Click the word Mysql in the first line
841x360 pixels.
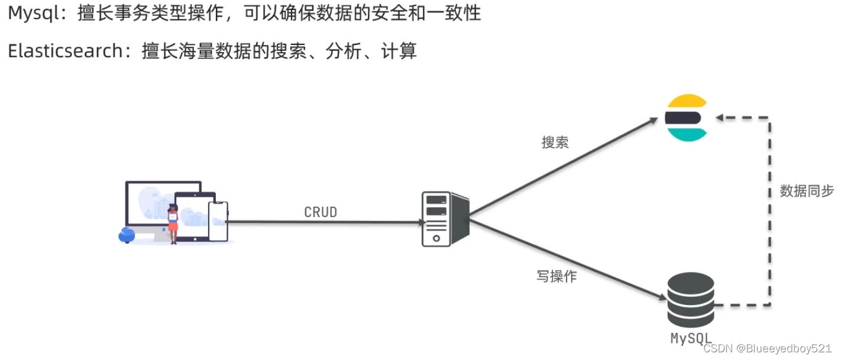(34, 14)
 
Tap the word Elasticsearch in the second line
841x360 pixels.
(65, 51)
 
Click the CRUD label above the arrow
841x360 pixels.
(321, 212)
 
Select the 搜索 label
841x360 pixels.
(555, 142)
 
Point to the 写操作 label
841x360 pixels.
(556, 276)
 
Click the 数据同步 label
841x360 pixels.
(807, 190)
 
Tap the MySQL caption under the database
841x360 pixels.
(690, 338)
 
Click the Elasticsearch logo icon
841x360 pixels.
(686, 117)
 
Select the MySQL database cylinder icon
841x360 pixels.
(690, 300)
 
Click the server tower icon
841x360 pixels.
(445, 218)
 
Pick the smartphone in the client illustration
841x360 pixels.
(218, 221)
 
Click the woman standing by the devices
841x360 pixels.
(173, 223)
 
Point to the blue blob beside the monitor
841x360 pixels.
(127, 235)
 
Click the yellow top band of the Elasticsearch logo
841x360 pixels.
(686, 102)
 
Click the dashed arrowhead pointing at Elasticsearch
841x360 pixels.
(719, 118)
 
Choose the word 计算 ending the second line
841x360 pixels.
(404, 51)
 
